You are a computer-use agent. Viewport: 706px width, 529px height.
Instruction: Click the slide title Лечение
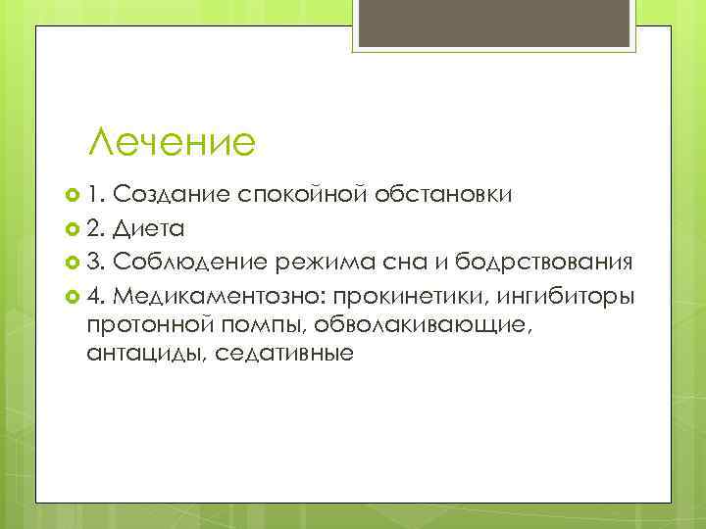coord(171,143)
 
